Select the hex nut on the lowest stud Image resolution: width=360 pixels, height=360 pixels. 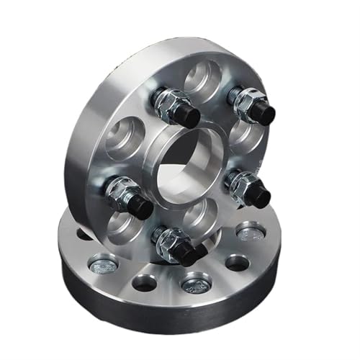point(168,237)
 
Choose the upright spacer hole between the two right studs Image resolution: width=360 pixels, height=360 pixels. point(245,140)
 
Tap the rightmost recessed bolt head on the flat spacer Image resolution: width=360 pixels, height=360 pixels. point(248,233)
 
